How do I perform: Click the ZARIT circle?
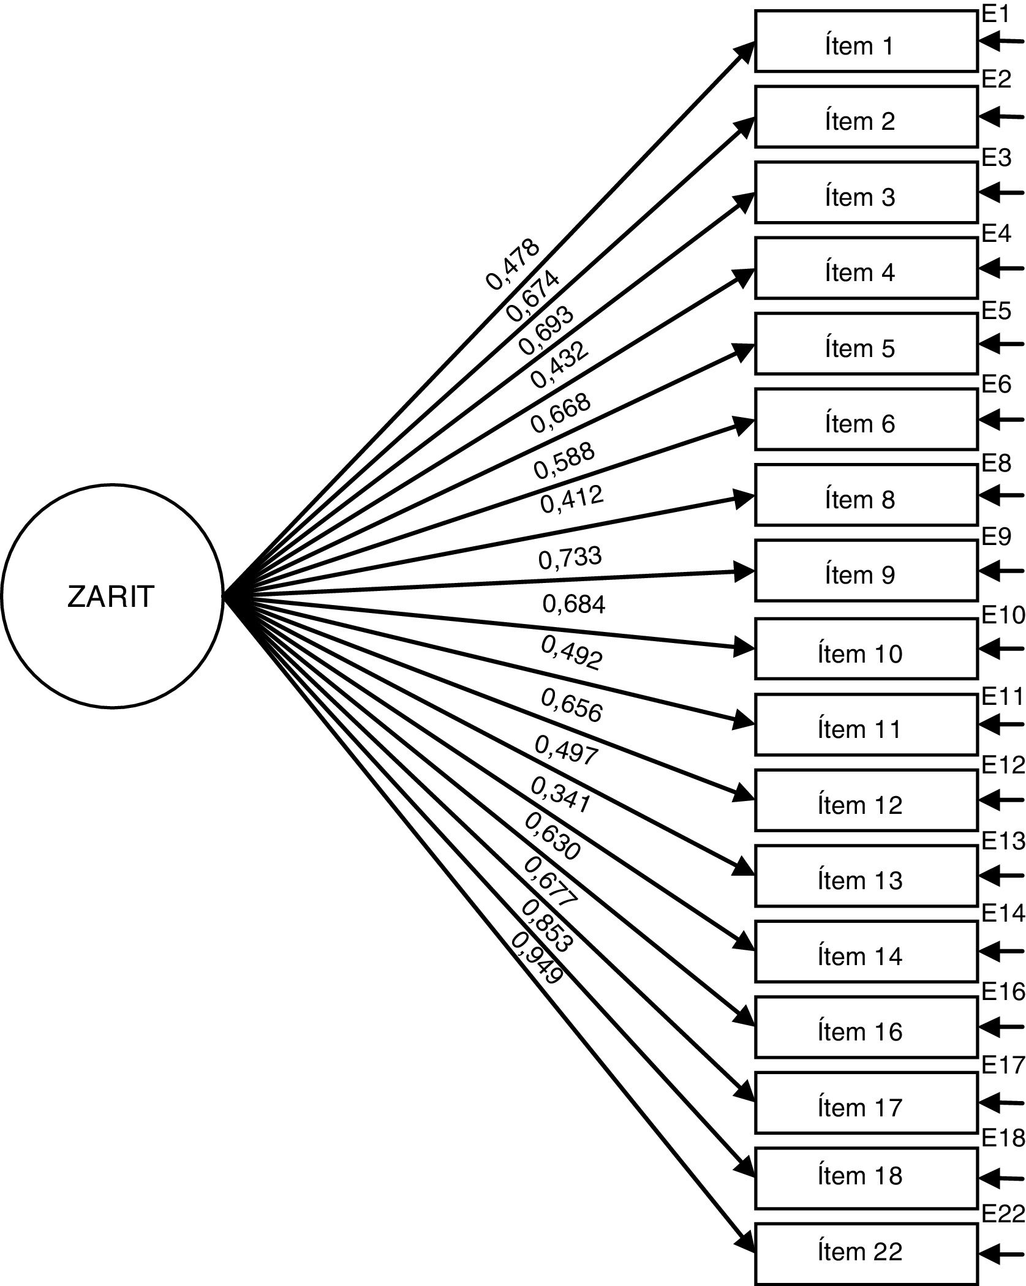(111, 596)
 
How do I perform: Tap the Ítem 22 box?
(866, 1253)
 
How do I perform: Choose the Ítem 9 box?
(866, 570)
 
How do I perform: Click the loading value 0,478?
(513, 263)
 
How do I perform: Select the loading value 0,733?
(570, 558)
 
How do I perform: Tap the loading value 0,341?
(559, 795)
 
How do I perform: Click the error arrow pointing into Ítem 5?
(1001, 344)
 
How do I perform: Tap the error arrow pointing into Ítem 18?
(1001, 1177)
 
